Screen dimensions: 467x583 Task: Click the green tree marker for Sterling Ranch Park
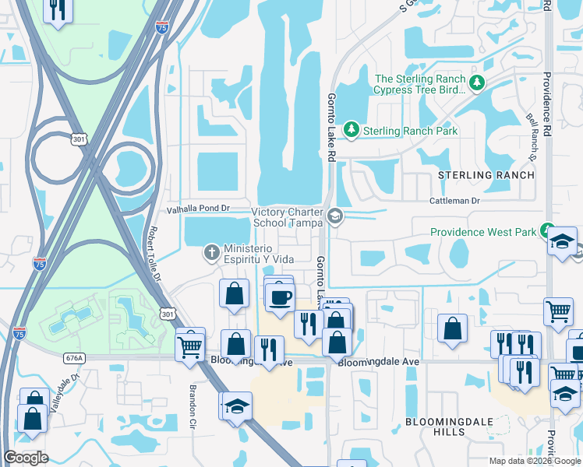[352, 129]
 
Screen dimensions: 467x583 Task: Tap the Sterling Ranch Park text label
[411, 131]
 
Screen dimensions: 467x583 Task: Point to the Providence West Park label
[483, 232]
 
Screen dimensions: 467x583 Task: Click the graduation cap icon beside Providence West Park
[561, 241]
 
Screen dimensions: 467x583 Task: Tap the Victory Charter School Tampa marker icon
[336, 216]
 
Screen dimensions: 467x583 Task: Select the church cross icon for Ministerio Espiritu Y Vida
[210, 251]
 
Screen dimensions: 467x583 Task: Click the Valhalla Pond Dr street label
[200, 209]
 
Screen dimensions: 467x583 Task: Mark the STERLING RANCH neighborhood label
[486, 175]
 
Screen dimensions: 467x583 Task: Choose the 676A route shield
[74, 357]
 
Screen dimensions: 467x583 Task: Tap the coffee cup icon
[280, 297]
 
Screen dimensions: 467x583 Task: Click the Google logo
[26, 458]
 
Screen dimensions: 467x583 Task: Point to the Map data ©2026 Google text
[534, 460]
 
